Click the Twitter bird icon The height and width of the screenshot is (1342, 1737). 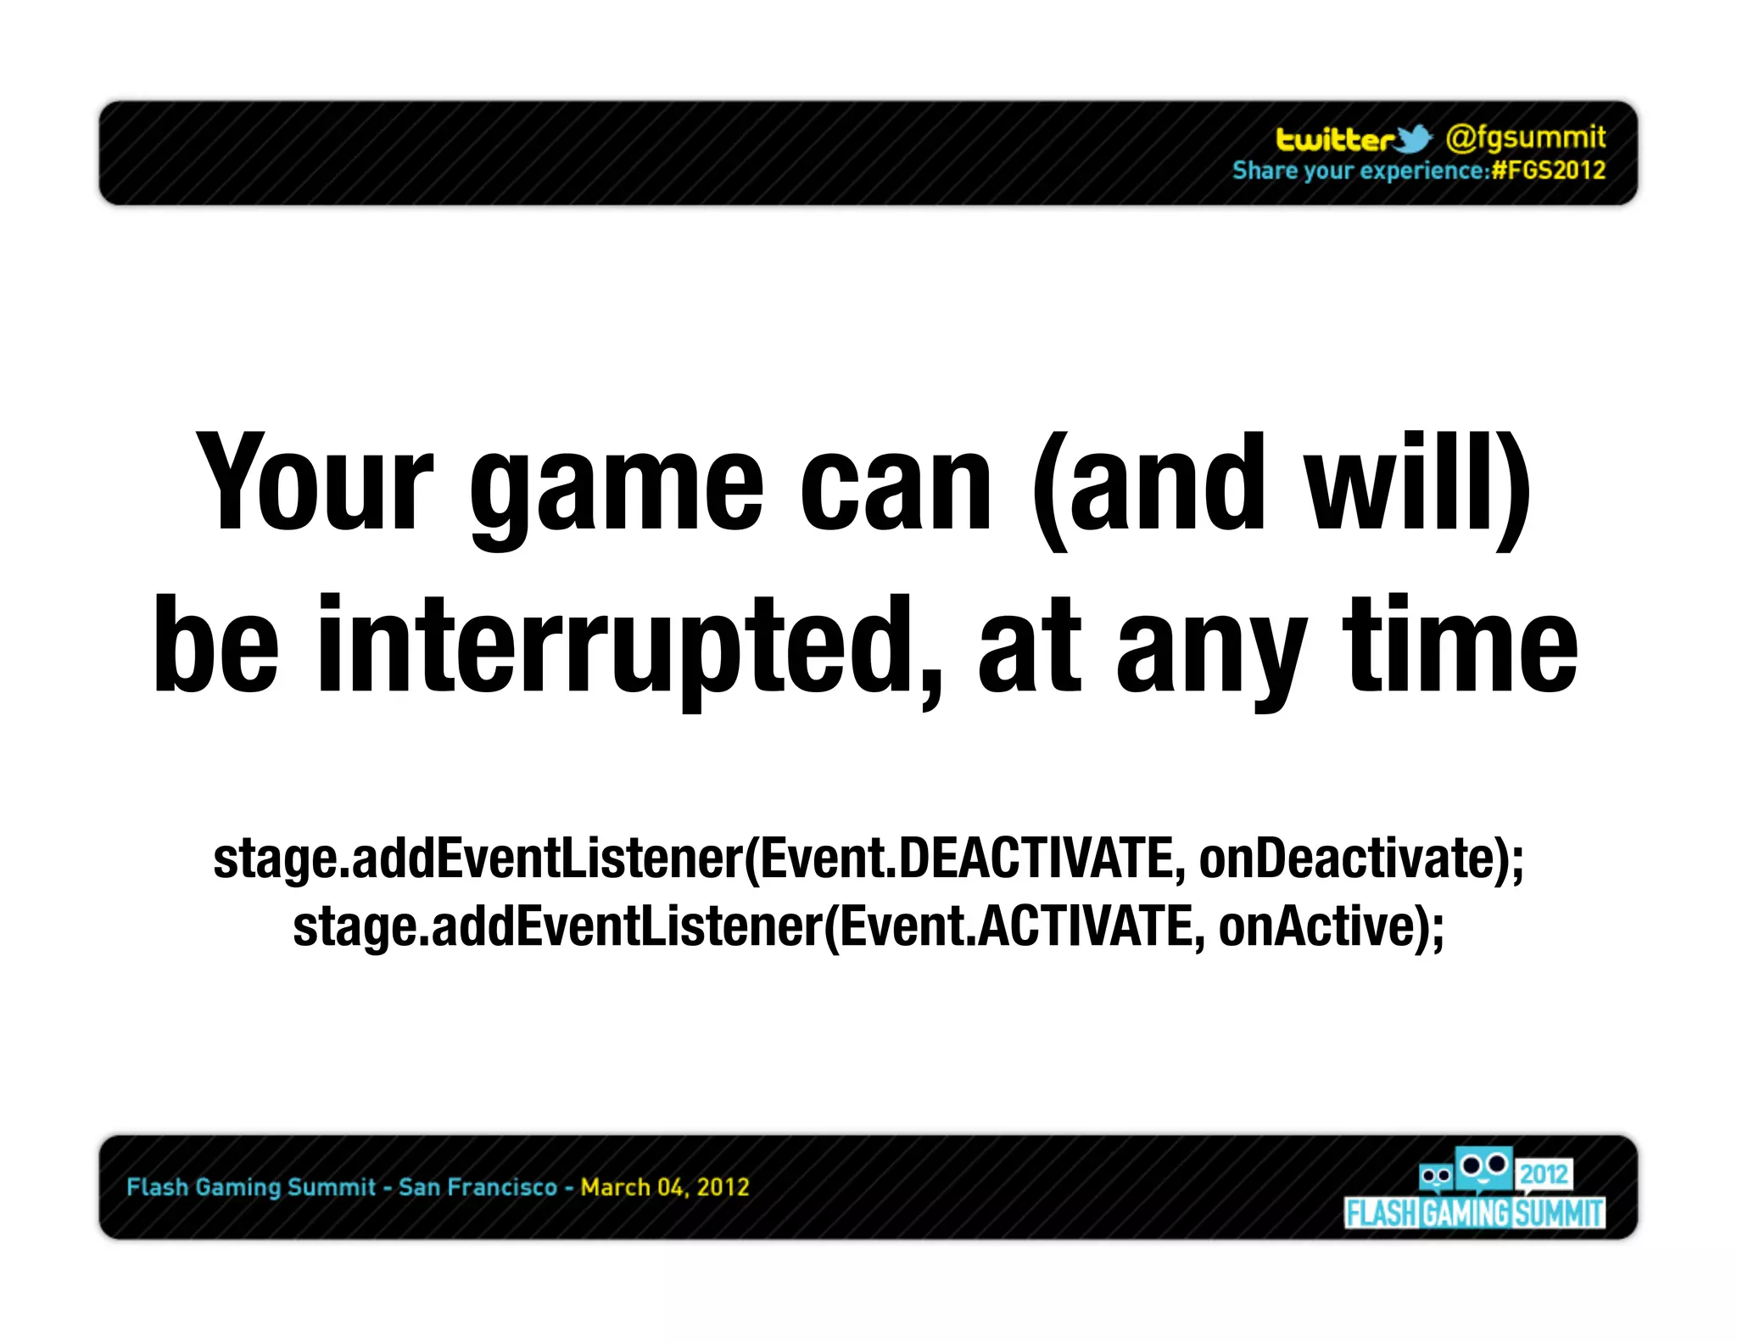(x=1413, y=138)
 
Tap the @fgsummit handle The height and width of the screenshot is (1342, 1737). (x=1525, y=137)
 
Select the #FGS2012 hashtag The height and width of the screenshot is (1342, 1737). (x=1549, y=171)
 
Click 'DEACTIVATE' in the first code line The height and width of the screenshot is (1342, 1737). (x=1036, y=858)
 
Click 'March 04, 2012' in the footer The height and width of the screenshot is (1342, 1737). (x=665, y=1187)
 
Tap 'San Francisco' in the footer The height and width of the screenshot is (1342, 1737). (x=478, y=1187)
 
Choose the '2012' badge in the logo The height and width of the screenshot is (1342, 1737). (x=1544, y=1173)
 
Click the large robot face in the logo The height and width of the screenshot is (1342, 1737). (x=1483, y=1167)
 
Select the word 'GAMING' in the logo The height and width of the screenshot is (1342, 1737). (x=1466, y=1213)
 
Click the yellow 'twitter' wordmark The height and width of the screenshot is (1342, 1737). (x=1334, y=139)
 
